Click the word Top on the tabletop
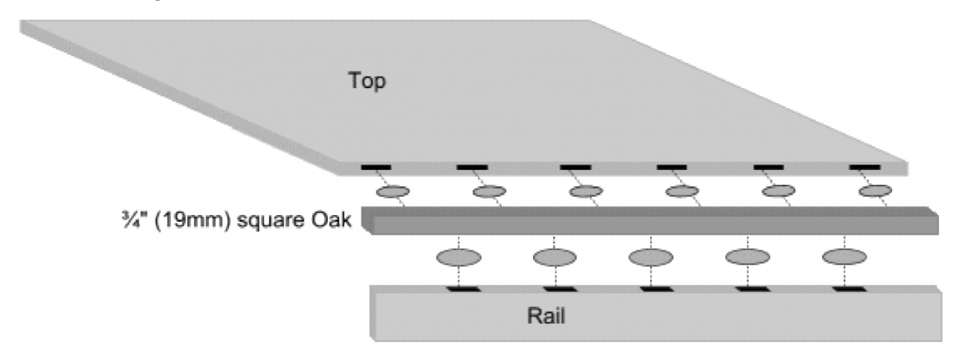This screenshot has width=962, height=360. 367,80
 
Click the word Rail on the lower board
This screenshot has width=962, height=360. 546,316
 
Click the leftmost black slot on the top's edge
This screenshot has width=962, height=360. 375,166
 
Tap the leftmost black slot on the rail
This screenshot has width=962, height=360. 460,289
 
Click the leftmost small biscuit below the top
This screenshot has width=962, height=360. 391,192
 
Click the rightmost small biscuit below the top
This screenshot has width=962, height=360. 875,190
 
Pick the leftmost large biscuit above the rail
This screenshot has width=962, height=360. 458,257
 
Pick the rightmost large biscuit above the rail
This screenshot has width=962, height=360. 844,257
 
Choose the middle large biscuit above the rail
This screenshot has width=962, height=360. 651,257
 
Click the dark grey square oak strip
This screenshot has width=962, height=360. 646,219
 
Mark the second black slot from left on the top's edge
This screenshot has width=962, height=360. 471,166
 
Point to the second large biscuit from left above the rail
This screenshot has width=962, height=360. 555,257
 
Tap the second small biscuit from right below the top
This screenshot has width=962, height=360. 779,190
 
